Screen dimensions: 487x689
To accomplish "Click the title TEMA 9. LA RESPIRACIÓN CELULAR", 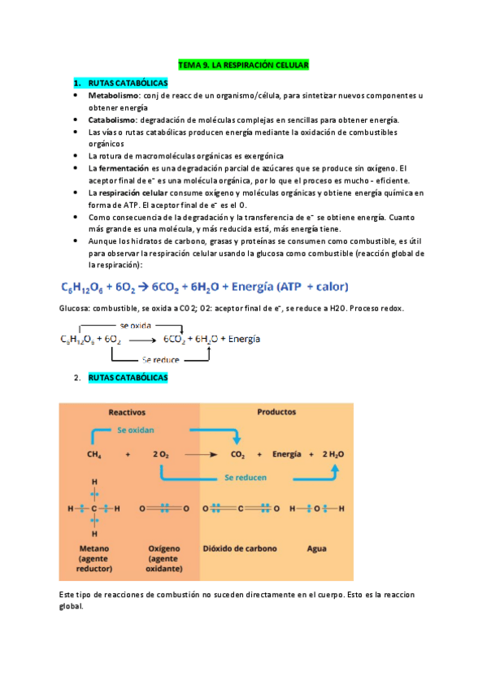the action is tap(244, 64).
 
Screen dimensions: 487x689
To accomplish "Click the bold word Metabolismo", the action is tap(113, 96).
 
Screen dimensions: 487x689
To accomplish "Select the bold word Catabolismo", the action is tap(112, 119).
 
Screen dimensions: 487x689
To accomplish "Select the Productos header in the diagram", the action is tap(276, 411).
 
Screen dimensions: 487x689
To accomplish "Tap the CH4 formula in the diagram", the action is tap(94, 455).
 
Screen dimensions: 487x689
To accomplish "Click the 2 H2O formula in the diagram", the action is tap(333, 455).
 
